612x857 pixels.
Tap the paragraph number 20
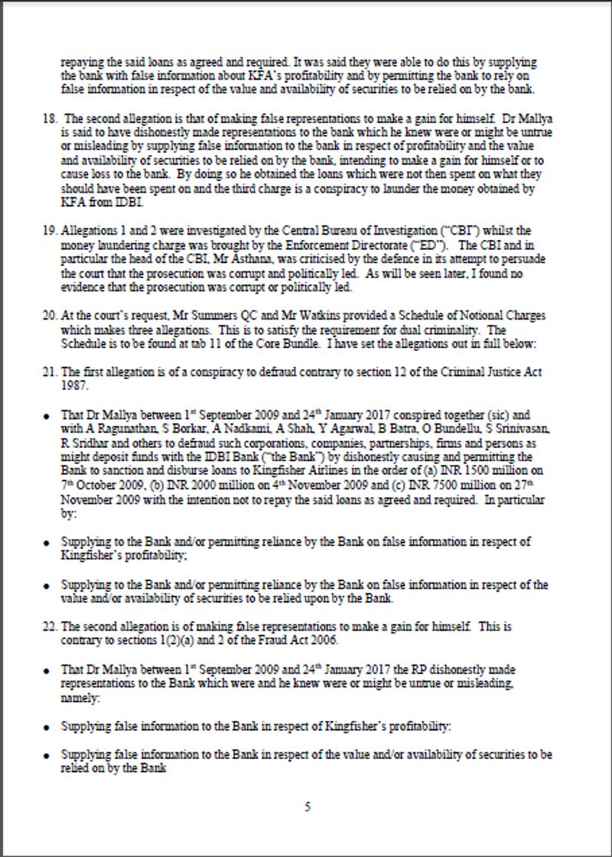(x=51, y=317)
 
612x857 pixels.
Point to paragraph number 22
(x=51, y=627)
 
